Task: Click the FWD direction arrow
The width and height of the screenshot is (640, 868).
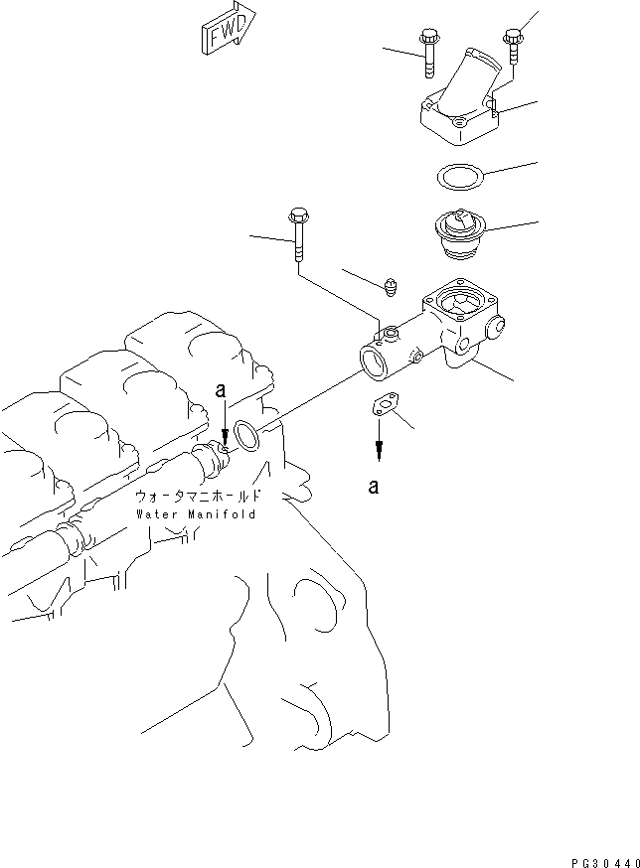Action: coord(227,27)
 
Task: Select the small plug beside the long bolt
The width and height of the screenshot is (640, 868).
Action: coord(392,288)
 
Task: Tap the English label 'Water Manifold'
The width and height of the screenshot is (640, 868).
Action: coord(196,514)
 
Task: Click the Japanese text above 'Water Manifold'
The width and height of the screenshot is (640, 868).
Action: coord(198,496)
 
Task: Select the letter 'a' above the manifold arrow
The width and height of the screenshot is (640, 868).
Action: coord(221,392)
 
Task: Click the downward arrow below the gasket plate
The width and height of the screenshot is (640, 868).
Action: coord(379,446)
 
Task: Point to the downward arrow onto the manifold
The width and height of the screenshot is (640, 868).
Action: coord(226,431)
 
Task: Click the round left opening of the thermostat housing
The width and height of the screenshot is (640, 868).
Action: coord(375,362)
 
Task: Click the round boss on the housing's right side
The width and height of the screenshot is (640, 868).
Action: coord(496,326)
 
